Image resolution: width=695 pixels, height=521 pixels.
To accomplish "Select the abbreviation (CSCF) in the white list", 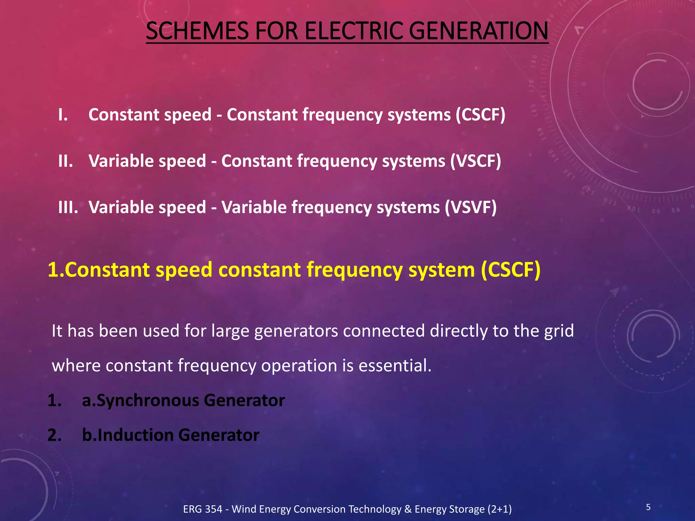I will click(x=480, y=115).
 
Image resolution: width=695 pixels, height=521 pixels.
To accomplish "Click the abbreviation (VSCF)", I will click(x=475, y=161).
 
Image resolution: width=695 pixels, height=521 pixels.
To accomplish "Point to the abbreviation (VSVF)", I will click(x=471, y=207).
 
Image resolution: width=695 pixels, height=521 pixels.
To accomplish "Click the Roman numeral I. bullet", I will click(x=63, y=115).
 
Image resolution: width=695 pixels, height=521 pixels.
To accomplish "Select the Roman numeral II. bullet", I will click(x=65, y=161).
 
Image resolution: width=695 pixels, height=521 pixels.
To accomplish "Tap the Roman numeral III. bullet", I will click(x=68, y=207).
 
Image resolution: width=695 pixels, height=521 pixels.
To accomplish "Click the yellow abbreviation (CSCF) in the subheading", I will click(x=510, y=270).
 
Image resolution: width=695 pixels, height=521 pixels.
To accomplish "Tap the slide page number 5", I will click(x=648, y=507).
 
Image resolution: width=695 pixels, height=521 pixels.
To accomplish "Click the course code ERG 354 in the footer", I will click(x=203, y=509).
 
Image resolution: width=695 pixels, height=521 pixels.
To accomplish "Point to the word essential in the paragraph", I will click(x=395, y=366).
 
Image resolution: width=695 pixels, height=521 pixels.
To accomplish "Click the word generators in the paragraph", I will click(x=296, y=331).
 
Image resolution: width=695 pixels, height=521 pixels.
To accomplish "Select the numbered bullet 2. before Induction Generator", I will click(x=54, y=435).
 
